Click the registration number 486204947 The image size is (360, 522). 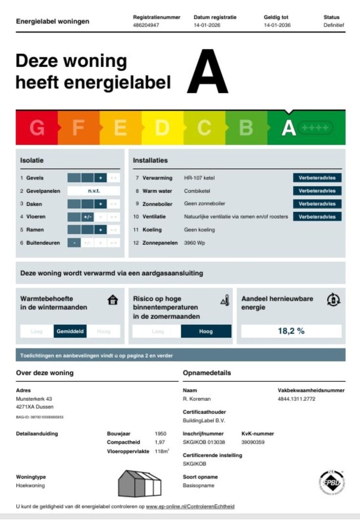(x=146, y=25)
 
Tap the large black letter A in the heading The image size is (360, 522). (x=207, y=71)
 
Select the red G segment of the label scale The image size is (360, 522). (x=37, y=128)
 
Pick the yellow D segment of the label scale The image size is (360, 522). (x=162, y=128)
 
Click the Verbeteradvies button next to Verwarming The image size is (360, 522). (x=317, y=178)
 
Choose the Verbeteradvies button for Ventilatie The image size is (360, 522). (x=317, y=216)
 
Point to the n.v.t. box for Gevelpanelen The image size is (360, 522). (x=93, y=191)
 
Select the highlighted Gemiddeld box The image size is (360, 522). (x=70, y=332)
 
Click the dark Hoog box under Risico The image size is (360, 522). (x=206, y=332)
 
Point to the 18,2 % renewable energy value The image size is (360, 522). (x=291, y=331)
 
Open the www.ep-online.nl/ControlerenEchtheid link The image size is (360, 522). (x=190, y=507)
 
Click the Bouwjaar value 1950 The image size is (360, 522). (x=160, y=433)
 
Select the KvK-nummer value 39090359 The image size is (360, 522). (x=253, y=442)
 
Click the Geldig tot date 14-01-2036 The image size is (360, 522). (x=277, y=25)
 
